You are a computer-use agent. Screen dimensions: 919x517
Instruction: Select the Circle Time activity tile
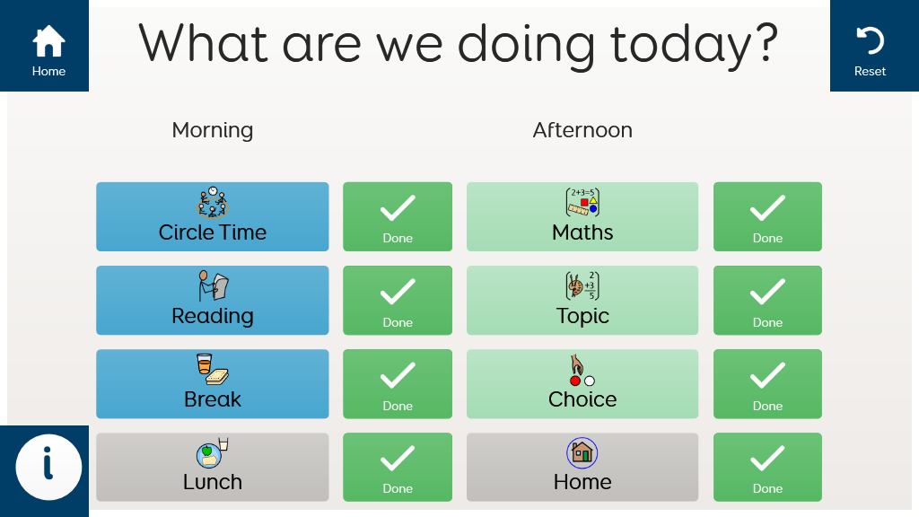(x=212, y=217)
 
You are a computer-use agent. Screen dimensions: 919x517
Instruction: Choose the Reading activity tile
(x=212, y=300)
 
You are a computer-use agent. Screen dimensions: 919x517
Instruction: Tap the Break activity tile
(x=212, y=384)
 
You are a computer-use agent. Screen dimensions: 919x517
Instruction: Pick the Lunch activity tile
(x=212, y=467)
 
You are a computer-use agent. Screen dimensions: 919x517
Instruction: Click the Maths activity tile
(x=582, y=217)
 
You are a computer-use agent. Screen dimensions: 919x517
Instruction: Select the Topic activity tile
(x=582, y=300)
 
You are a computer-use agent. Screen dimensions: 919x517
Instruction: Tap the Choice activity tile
(x=582, y=384)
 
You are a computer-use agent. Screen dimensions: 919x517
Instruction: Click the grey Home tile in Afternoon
(x=582, y=467)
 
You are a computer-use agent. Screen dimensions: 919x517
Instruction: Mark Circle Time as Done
(x=398, y=217)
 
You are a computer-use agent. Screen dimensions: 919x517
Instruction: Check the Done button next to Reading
(x=398, y=300)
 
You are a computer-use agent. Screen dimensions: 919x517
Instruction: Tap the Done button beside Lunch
(x=398, y=467)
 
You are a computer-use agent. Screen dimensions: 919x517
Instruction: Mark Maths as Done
(x=768, y=217)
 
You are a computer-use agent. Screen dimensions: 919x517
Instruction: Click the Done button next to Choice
(x=768, y=384)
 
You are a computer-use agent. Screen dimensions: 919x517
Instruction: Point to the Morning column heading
(x=212, y=130)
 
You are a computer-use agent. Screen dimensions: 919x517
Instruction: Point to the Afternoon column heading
(x=582, y=129)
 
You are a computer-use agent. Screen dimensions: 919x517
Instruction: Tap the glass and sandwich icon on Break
(x=212, y=369)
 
